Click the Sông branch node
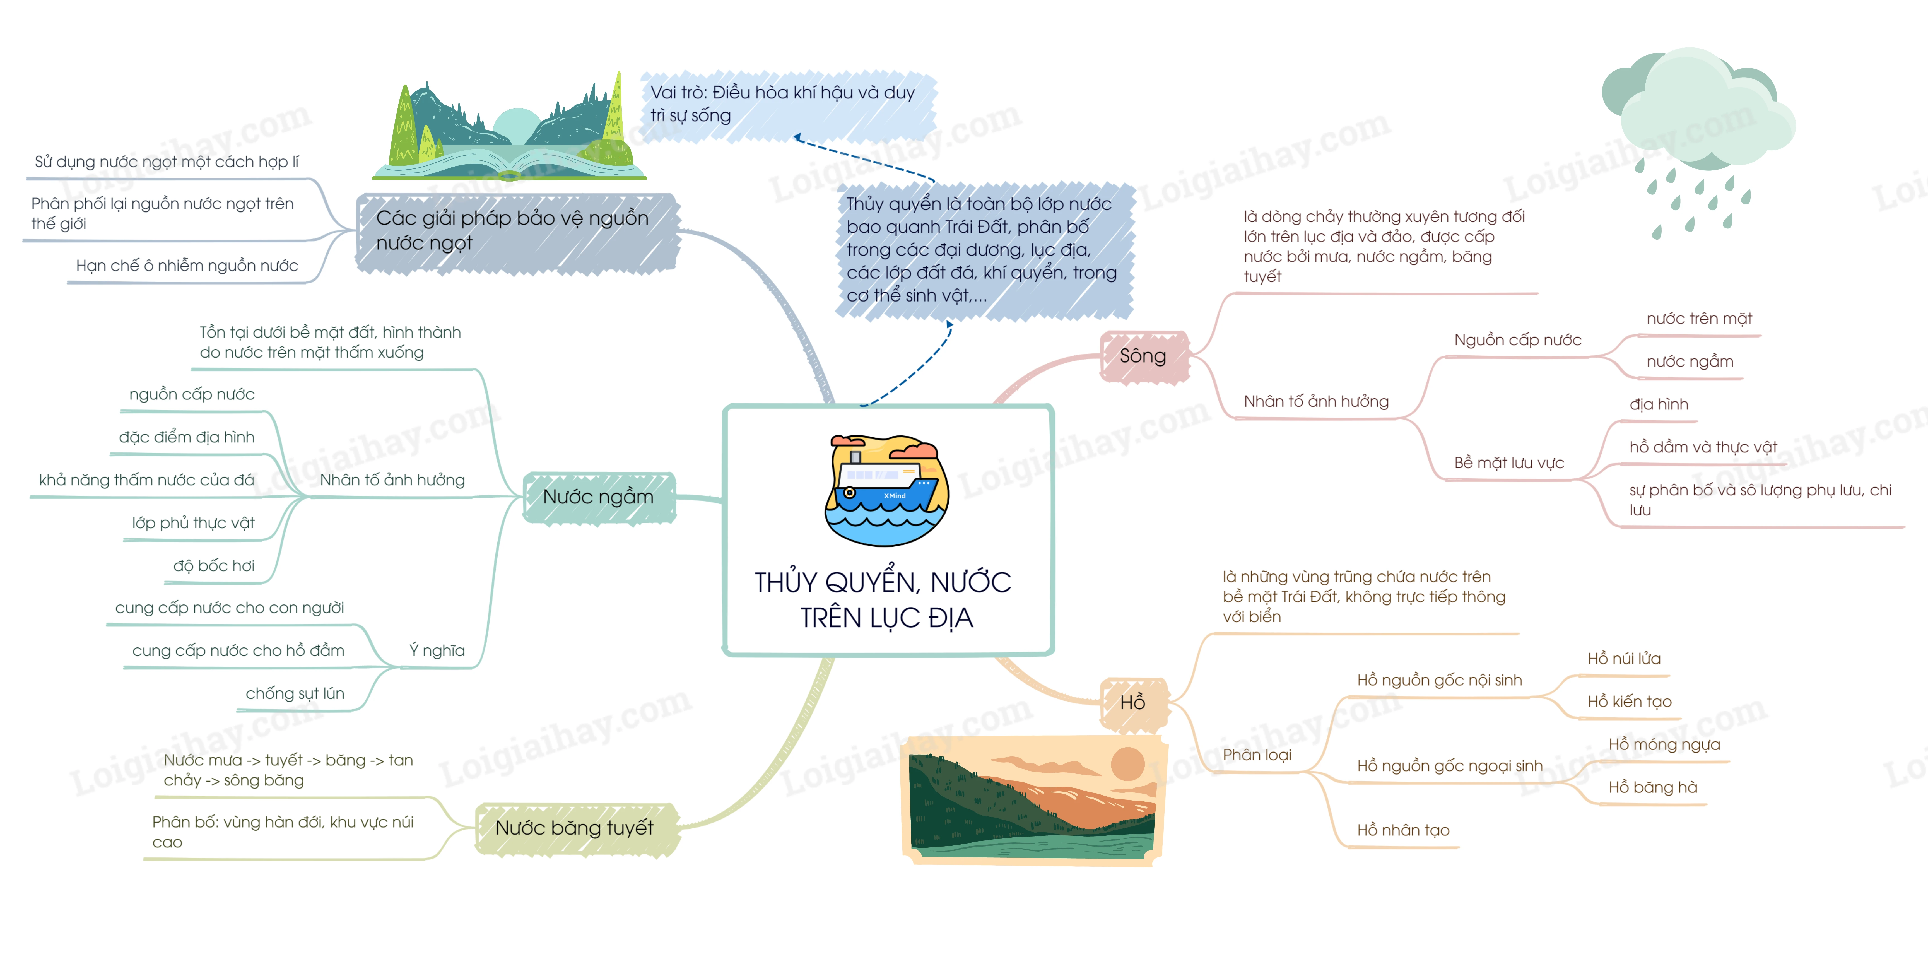(1143, 356)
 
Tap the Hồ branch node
(1132, 703)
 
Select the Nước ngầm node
(598, 497)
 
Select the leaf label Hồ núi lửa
(1624, 659)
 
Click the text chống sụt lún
(295, 694)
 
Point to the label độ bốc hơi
(214, 566)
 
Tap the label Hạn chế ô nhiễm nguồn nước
(187, 266)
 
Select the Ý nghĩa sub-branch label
(437, 650)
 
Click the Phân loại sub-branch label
(1257, 755)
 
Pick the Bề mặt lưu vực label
(1509, 463)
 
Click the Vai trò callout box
(786, 105)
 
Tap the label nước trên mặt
(1699, 319)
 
